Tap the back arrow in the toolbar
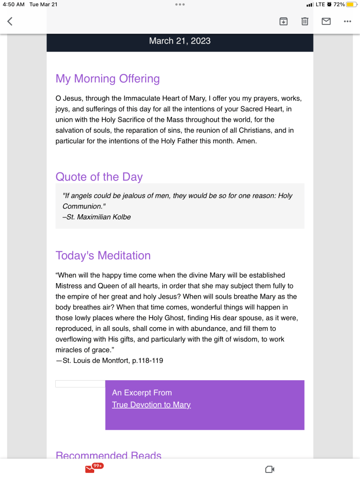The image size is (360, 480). [10, 21]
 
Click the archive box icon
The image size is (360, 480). [283, 21]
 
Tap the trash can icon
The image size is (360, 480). [305, 21]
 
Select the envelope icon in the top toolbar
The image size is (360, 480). [326, 21]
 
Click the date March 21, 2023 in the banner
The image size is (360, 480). [180, 41]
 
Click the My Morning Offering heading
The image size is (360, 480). [107, 79]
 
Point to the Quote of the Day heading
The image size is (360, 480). [99, 177]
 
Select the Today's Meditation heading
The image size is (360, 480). [103, 255]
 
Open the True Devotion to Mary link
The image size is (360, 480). [151, 405]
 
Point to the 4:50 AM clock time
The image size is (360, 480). [13, 4]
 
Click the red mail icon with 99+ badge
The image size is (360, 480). [90, 469]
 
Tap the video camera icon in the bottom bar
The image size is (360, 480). [270, 469]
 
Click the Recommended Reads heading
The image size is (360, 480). [108, 455]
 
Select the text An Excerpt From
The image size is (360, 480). [142, 393]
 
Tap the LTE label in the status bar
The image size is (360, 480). [320, 4]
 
